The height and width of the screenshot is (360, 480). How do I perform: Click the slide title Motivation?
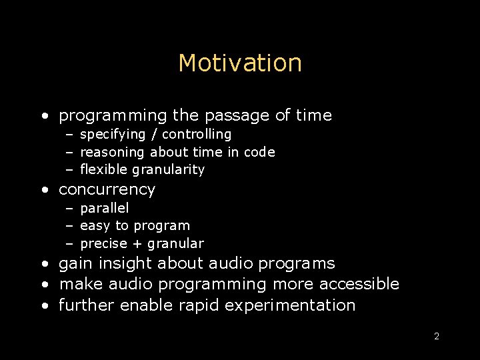240,63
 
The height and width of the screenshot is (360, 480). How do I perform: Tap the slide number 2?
437,336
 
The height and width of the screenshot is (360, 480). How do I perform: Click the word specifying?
113,135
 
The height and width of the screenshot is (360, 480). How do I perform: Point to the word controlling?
197,135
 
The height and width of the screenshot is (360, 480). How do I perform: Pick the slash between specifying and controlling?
155,135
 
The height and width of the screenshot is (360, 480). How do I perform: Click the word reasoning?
112,153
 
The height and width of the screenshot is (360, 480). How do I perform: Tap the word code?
259,153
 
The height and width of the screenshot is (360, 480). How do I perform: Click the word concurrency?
107,190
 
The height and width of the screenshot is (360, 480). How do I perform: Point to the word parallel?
104,208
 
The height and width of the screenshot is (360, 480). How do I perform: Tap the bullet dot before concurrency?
44,190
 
